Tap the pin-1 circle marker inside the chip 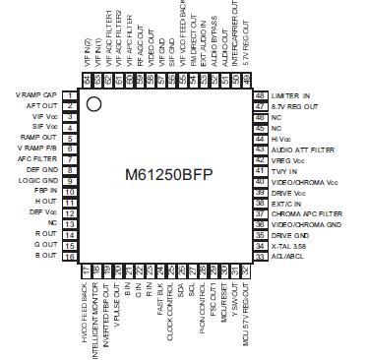[x=94, y=102]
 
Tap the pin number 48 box [x=261, y=94]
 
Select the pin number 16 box [x=70, y=255]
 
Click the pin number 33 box [x=261, y=256]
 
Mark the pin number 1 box [x=70, y=94]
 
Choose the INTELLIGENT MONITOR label [x=96, y=309]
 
